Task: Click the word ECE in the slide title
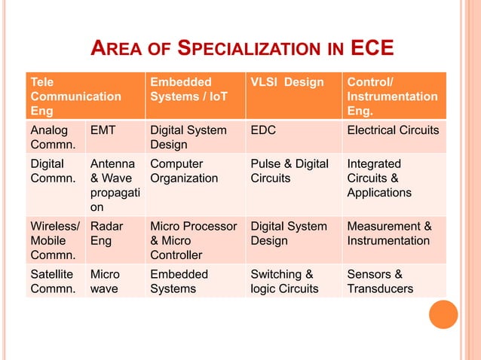point(372,50)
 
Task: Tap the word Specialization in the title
point(248,50)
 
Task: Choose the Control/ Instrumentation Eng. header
point(393,96)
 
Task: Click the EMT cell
point(103,130)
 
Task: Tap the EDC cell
point(263,130)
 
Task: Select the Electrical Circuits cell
point(393,130)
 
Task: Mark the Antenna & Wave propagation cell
point(112,185)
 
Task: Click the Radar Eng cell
point(105,233)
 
